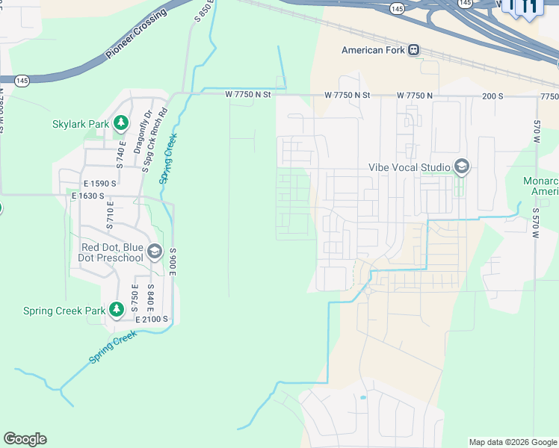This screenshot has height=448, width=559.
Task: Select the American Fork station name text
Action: pyautogui.click(x=373, y=51)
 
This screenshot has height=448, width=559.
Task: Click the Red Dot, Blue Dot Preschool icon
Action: pyautogui.click(x=155, y=252)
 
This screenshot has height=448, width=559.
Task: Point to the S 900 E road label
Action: pyautogui.click(x=173, y=262)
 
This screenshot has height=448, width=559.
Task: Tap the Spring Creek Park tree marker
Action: pyautogui.click(x=116, y=309)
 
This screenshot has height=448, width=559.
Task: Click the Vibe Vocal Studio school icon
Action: pyautogui.click(x=461, y=167)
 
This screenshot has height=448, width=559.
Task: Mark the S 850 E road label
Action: pyautogui.click(x=203, y=12)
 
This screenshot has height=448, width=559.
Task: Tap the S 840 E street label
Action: pyautogui.click(x=150, y=298)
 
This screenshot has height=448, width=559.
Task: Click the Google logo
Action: pyautogui.click(x=25, y=439)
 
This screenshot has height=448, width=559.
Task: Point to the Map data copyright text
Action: pyautogui.click(x=513, y=442)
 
